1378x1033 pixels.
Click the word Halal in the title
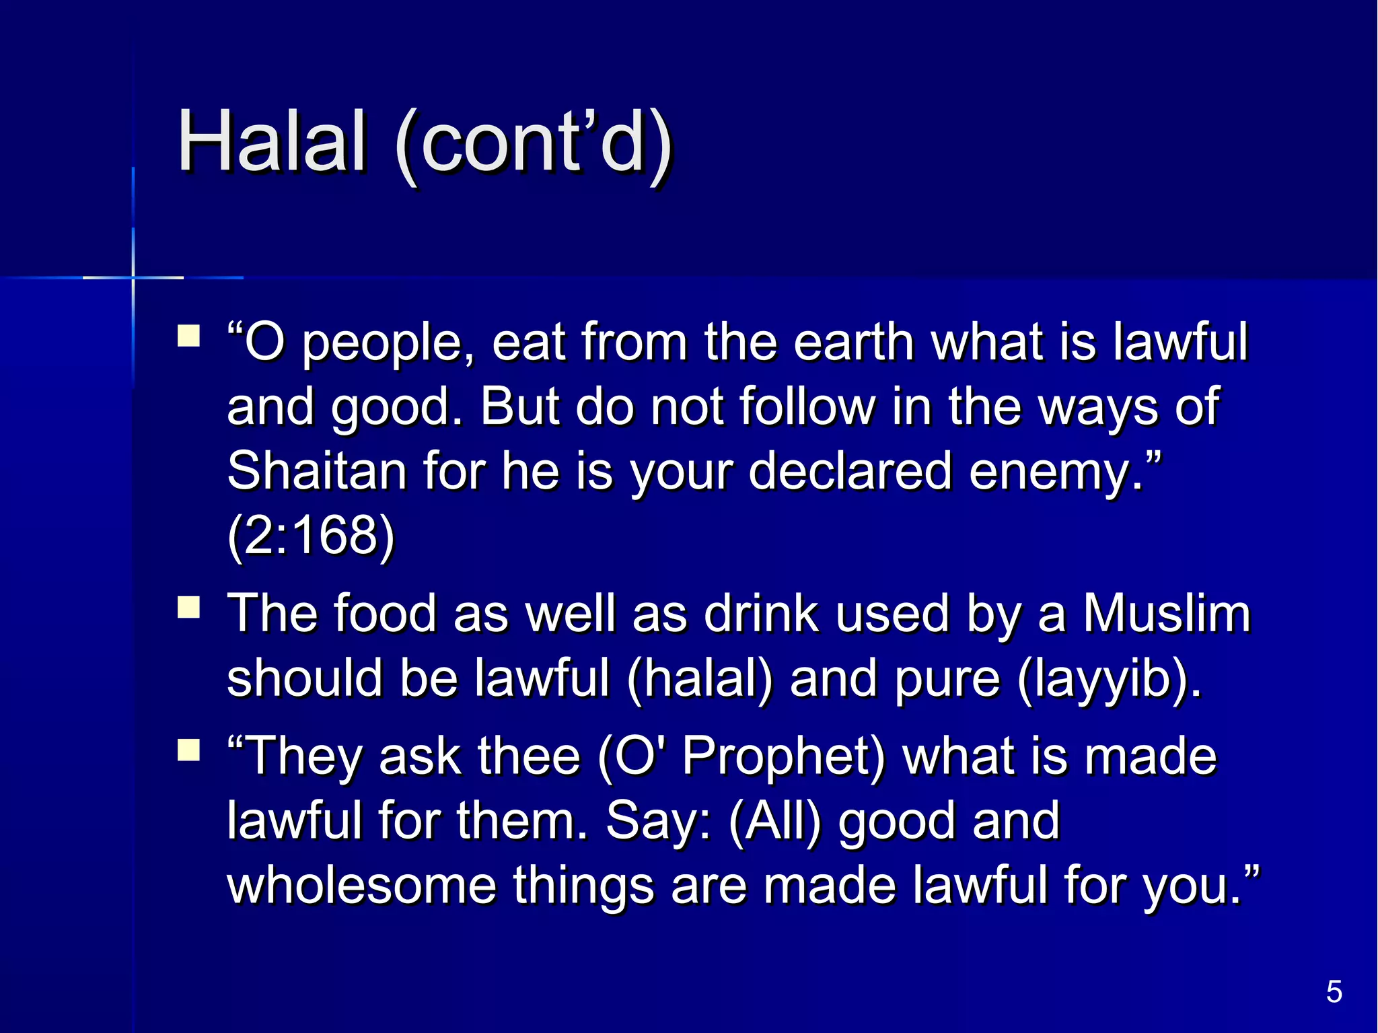coord(272,142)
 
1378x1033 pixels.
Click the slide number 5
coord(1334,992)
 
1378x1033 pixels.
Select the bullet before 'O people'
coord(189,336)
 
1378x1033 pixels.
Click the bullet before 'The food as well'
coord(189,608)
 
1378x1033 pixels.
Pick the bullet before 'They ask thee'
coord(189,750)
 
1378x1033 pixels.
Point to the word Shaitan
coord(317,470)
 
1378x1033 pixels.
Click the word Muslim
coord(1166,613)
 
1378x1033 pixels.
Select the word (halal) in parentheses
coord(700,678)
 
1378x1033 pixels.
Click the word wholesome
coord(361,885)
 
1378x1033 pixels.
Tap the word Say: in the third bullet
coord(658,821)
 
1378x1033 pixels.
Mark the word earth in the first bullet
coord(853,341)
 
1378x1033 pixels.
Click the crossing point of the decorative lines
coord(133,277)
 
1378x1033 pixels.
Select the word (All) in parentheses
coord(775,821)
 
